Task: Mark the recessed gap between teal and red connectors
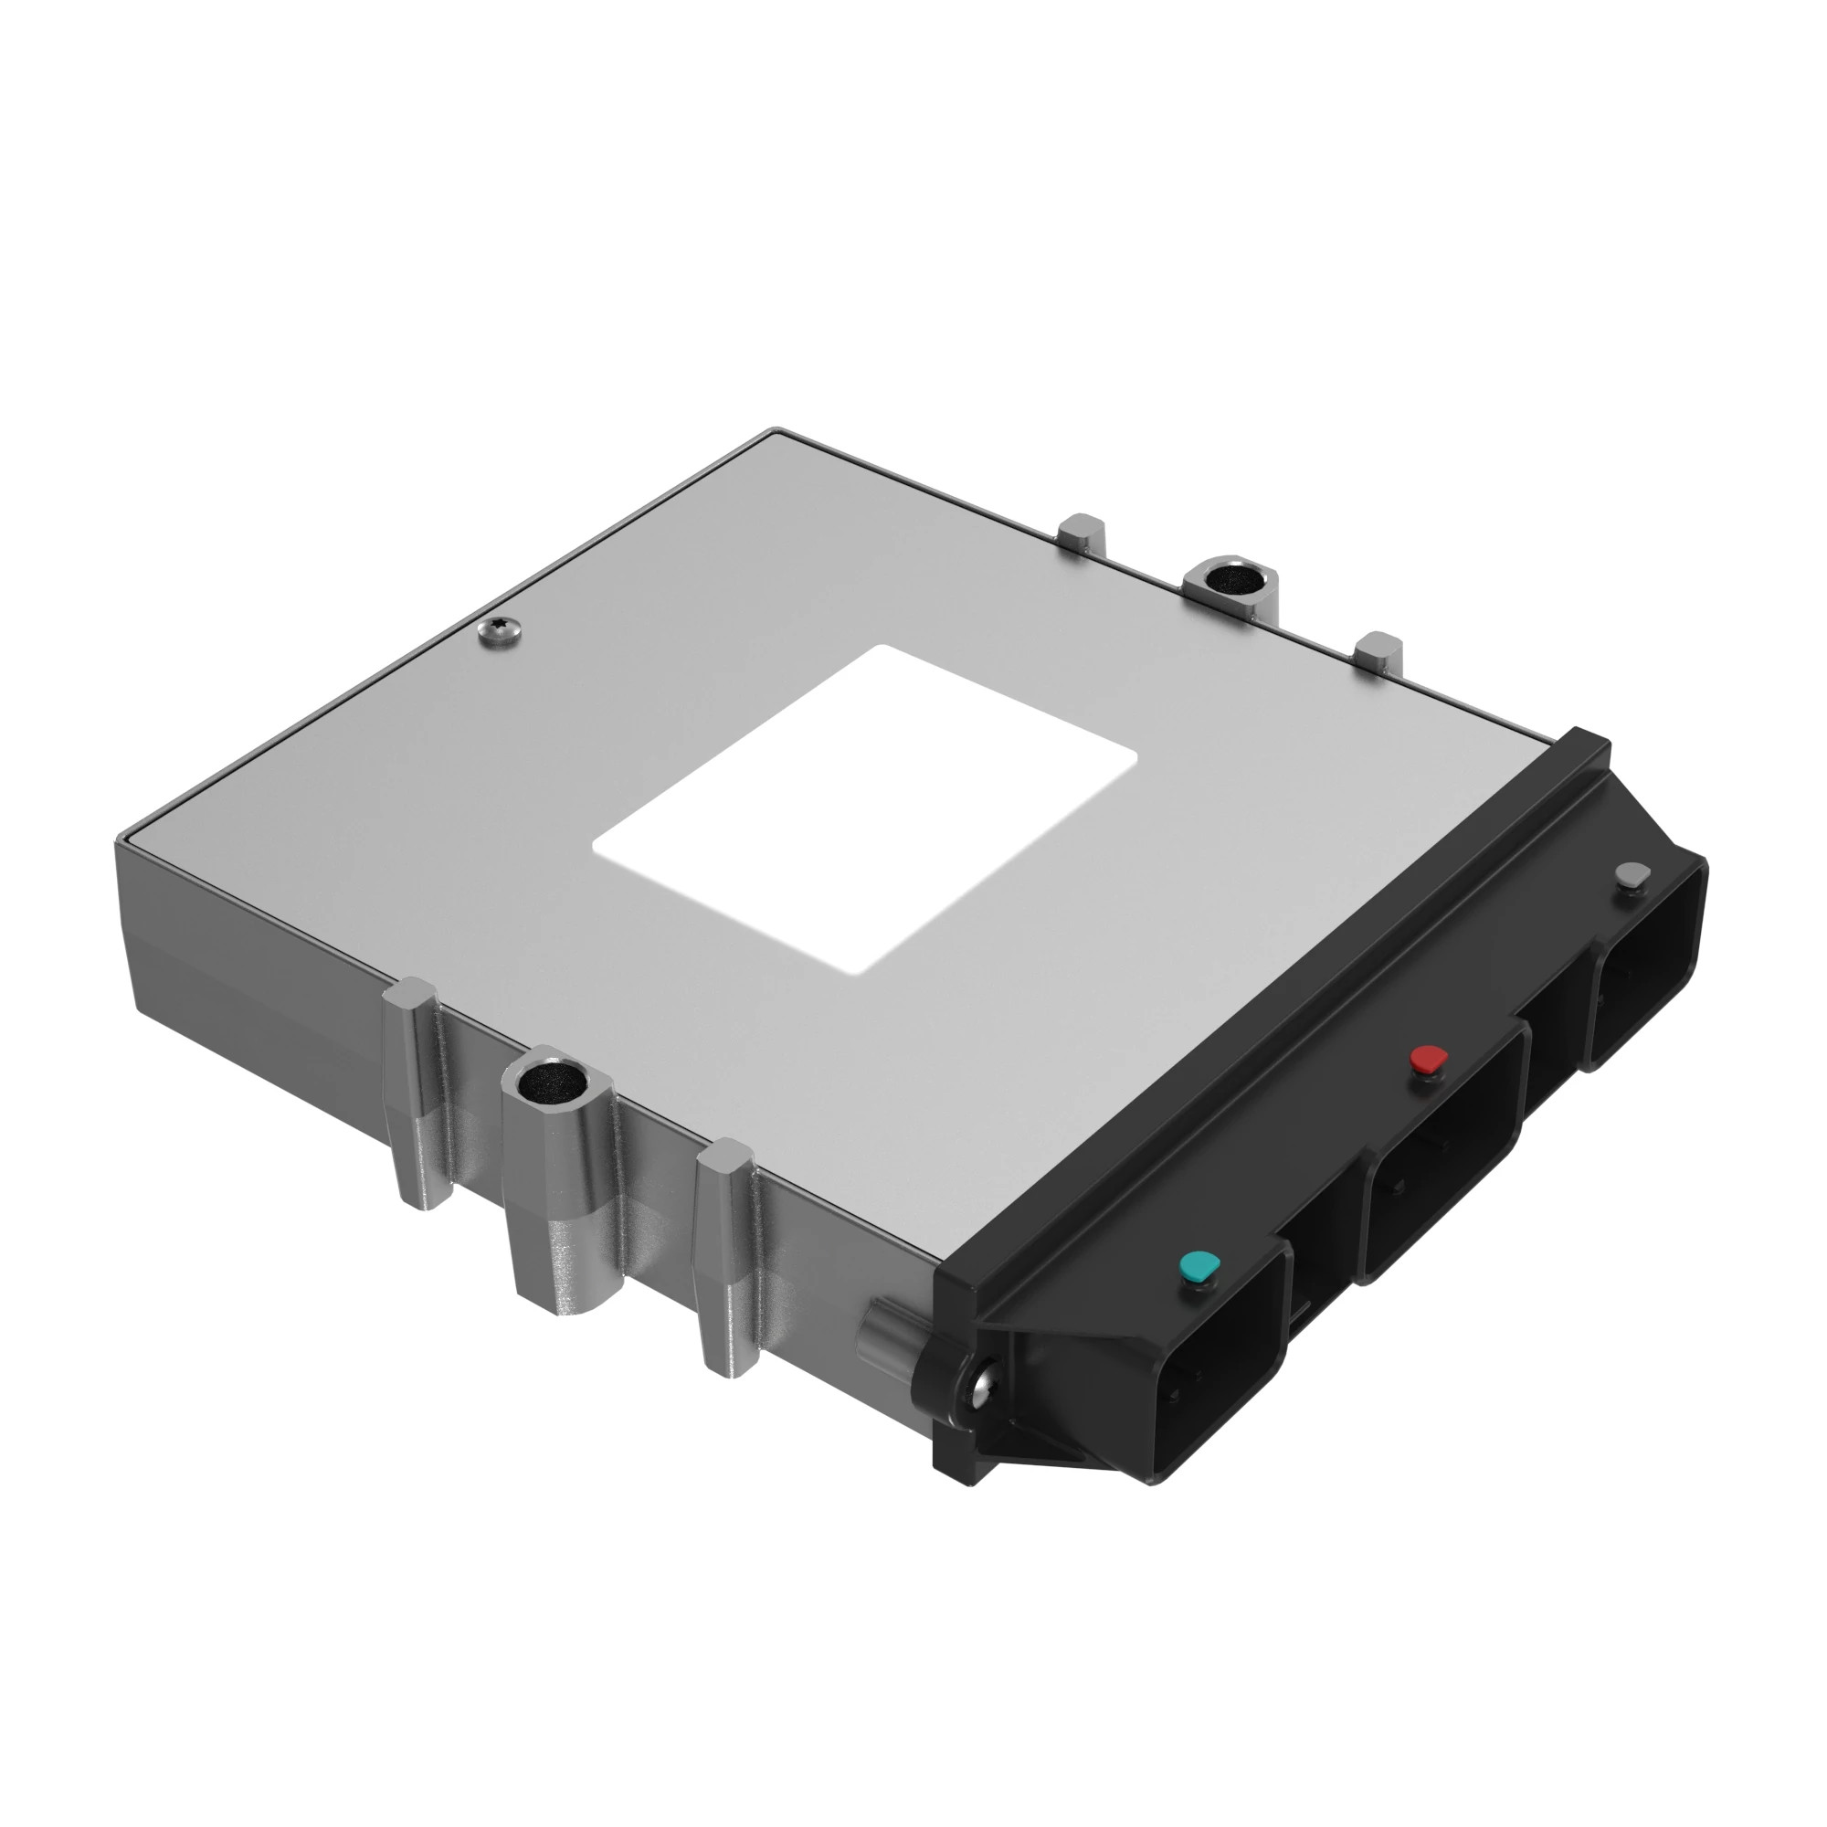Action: [x=1319, y=1258]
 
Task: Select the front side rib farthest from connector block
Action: [x=416, y=1097]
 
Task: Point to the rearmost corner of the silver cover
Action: [x=776, y=433]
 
